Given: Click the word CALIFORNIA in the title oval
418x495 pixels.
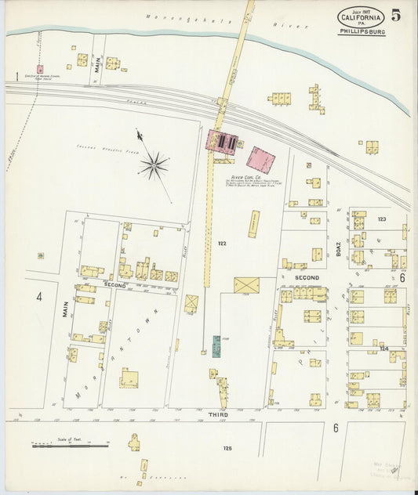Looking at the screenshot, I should coord(361,17).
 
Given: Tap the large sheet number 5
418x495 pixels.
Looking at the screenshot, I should coord(397,15).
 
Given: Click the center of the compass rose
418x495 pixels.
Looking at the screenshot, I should coord(154,164).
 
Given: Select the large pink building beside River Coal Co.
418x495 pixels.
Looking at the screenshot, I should coord(260,160).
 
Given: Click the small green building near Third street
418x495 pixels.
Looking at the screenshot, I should coord(216,346).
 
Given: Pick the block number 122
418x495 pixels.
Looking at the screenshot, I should coord(223,244).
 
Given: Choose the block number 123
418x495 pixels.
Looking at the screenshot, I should coord(383,219).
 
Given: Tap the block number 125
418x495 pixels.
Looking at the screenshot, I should coord(227,449).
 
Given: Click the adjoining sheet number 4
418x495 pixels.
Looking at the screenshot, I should coord(38,297).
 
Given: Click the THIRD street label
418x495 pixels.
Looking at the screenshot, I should coord(218,415).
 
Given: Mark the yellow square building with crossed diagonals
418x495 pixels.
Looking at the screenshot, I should coord(245,284).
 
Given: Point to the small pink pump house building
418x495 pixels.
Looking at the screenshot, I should coord(40,69).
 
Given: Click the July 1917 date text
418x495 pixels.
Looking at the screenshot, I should coord(361,9).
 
